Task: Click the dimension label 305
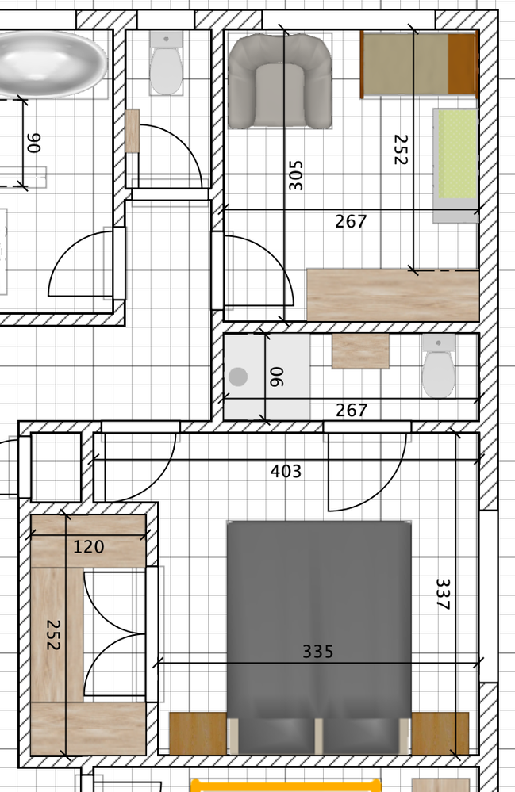pyautogui.click(x=296, y=175)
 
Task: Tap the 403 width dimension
pyautogui.click(x=286, y=472)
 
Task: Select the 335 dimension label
pyautogui.click(x=317, y=652)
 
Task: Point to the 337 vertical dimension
pyautogui.click(x=443, y=595)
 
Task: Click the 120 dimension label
pyautogui.click(x=88, y=547)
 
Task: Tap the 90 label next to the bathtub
pyautogui.click(x=33, y=143)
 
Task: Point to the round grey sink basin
pyautogui.click(x=238, y=377)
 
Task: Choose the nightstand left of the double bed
pyautogui.click(x=198, y=733)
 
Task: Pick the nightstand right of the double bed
pyautogui.click(x=440, y=733)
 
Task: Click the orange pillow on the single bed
pyautogui.click(x=462, y=63)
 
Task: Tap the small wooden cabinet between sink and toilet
pyautogui.click(x=360, y=351)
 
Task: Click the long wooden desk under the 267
pyautogui.click(x=393, y=295)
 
